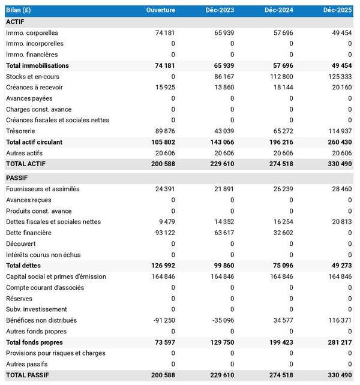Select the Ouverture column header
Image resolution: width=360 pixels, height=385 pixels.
point(161,10)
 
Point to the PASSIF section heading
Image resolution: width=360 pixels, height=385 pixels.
point(17,178)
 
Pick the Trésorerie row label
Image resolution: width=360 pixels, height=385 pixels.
point(20,131)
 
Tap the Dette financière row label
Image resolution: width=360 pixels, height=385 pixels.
point(28,233)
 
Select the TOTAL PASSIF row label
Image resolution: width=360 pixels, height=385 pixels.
point(28,375)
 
